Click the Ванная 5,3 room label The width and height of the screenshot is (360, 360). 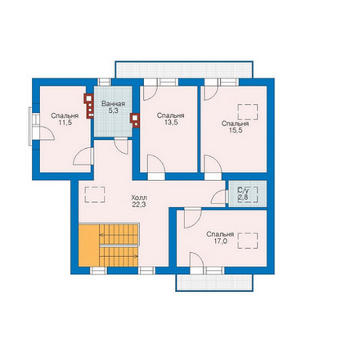(x=113, y=107)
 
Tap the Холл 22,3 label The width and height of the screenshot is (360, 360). (x=139, y=201)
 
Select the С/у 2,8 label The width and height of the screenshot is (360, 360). (x=243, y=194)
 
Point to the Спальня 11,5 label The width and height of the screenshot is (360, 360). (x=65, y=119)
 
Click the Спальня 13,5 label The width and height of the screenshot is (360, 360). (x=171, y=119)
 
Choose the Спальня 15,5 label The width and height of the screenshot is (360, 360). (x=235, y=127)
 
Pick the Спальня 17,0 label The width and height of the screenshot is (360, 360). (x=220, y=237)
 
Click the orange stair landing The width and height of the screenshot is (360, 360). (x=89, y=245)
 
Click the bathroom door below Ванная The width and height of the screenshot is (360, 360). (x=121, y=146)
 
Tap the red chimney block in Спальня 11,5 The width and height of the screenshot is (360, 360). (x=89, y=106)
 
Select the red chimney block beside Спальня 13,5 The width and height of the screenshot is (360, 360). (x=135, y=120)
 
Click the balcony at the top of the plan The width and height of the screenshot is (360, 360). (x=184, y=70)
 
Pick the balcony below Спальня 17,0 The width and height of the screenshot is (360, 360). (x=214, y=283)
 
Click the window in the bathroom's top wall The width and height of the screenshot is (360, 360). (x=105, y=82)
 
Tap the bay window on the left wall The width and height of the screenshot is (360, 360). (x=33, y=126)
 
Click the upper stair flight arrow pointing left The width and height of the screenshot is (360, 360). (x=119, y=235)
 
